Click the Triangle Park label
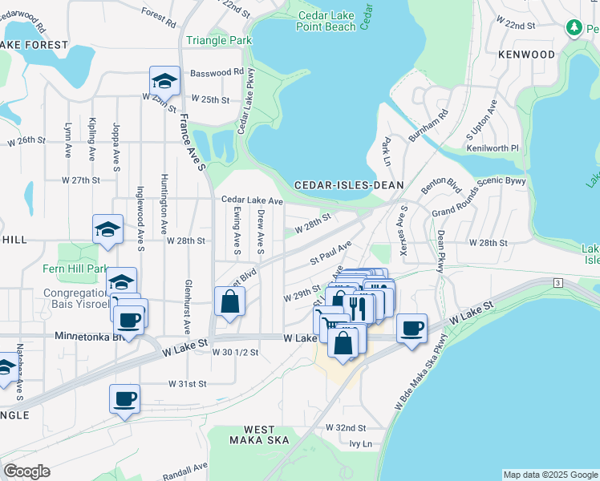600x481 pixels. [219, 40]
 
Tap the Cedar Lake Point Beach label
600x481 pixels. [326, 21]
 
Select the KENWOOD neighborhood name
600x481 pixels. [526, 55]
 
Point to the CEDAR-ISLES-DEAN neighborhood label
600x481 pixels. [348, 184]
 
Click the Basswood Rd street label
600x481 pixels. [217, 72]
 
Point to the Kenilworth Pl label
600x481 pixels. [493, 149]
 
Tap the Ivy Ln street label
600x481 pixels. [361, 443]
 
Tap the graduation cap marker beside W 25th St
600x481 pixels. [164, 81]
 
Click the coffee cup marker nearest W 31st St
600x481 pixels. [124, 398]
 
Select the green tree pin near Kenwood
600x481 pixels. [574, 28]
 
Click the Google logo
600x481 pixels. [27, 471]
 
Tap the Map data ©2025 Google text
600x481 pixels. [549, 475]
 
